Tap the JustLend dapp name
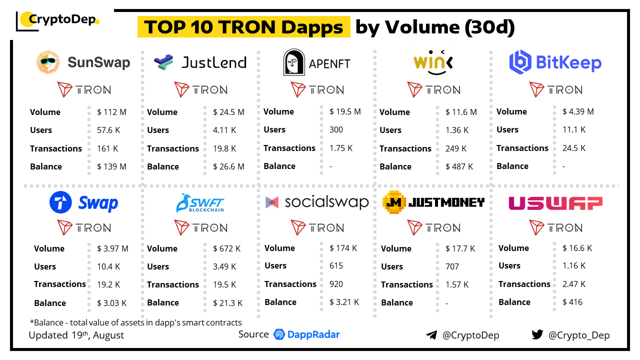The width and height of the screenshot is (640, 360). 213,62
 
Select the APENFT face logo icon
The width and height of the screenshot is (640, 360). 293,62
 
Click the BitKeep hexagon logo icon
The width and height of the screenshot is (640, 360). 520,62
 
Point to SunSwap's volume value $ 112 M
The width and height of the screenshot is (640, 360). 111,112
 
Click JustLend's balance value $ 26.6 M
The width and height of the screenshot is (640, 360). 228,166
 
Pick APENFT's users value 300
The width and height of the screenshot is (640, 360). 336,129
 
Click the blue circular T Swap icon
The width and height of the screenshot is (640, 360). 61,203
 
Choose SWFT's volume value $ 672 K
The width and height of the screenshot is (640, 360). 226,248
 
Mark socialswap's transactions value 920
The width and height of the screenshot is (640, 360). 336,284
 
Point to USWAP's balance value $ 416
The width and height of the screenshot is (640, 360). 572,302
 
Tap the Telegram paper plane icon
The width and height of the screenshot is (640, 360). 431,335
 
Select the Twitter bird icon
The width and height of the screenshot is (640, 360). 537,334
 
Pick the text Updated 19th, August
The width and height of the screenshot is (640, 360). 76,335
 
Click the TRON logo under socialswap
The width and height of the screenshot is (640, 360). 317,227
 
